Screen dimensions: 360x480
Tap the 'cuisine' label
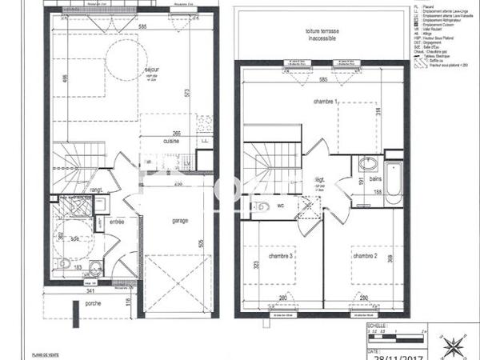171,141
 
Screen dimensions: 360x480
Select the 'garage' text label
180,221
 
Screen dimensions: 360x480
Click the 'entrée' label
117,222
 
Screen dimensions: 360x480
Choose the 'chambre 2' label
364,256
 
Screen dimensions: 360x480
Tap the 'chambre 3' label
279,256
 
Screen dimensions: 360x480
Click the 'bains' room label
374,180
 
